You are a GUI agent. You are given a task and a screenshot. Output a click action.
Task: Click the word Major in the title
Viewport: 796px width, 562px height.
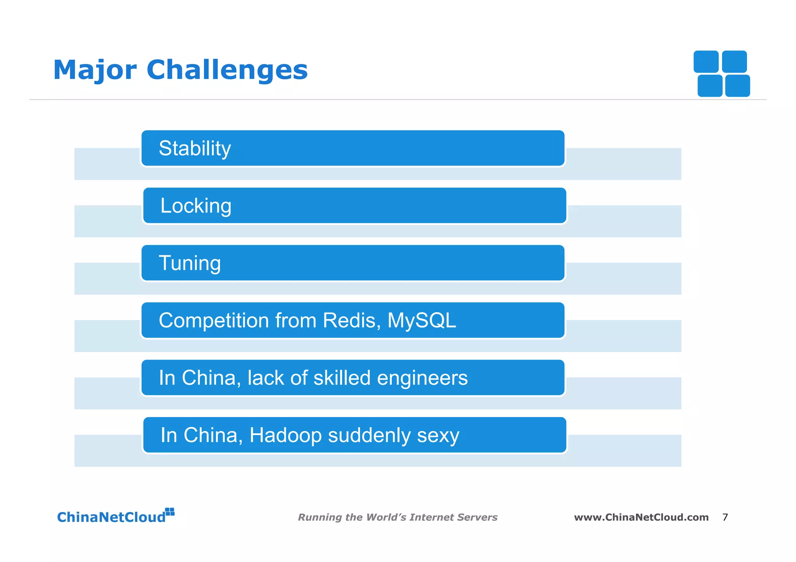[95, 70]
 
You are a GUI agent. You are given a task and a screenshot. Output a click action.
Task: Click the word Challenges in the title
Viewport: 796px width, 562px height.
[227, 70]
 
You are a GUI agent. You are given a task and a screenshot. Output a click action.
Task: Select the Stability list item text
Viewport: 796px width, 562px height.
[195, 148]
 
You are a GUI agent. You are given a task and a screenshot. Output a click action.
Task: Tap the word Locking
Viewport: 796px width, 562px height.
[196, 206]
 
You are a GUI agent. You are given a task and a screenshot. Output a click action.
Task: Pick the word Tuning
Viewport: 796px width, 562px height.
[190, 263]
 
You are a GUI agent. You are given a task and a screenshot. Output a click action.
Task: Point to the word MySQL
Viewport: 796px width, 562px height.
[422, 320]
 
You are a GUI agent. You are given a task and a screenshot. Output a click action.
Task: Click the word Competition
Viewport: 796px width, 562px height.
[214, 320]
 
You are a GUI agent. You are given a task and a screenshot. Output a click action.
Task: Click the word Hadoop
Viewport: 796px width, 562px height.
[285, 435]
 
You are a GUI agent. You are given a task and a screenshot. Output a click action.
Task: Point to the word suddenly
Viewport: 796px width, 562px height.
[369, 435]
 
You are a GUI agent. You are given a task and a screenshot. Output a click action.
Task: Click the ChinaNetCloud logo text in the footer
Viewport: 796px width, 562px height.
[111, 517]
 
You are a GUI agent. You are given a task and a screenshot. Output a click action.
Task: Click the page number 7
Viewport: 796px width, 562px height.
[725, 517]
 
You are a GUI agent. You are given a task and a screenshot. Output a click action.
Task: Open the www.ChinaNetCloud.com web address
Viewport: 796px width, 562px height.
[641, 517]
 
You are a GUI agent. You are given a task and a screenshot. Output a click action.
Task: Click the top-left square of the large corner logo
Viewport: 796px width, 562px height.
[706, 61]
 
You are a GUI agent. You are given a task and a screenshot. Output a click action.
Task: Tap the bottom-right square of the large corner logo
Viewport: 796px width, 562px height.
[737, 86]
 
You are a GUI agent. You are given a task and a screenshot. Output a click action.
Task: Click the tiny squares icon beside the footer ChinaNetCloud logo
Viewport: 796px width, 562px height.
[170, 512]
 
